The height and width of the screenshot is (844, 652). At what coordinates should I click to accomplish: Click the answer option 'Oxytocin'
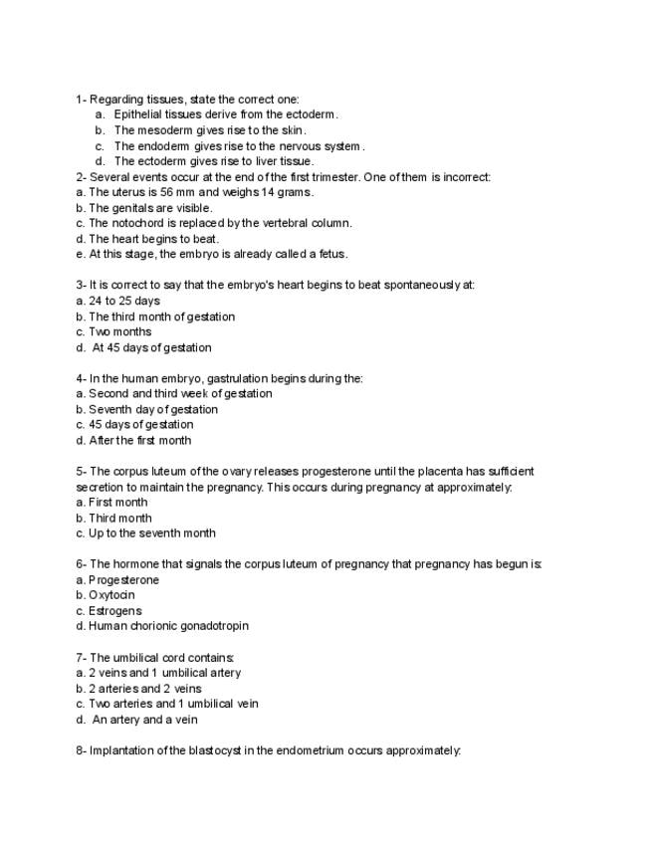(111, 595)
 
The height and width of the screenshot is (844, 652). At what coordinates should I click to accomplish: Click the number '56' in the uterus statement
(167, 192)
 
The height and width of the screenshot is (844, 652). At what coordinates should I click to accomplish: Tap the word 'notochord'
(138, 223)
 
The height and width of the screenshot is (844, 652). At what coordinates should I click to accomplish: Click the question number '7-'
(82, 658)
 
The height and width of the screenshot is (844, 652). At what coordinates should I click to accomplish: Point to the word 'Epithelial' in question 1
(138, 114)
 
